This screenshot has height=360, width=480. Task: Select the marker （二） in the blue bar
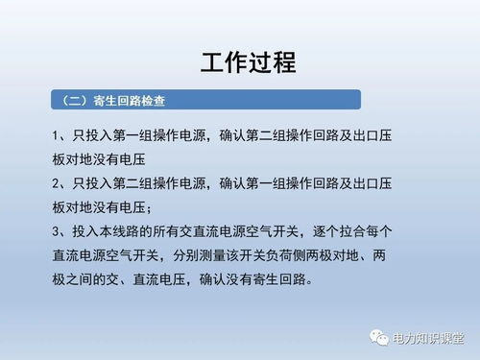(75, 100)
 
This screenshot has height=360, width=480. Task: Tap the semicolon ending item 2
(150, 208)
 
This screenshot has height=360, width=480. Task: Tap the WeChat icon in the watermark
(371, 338)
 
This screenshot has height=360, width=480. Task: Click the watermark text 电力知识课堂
(428, 339)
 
